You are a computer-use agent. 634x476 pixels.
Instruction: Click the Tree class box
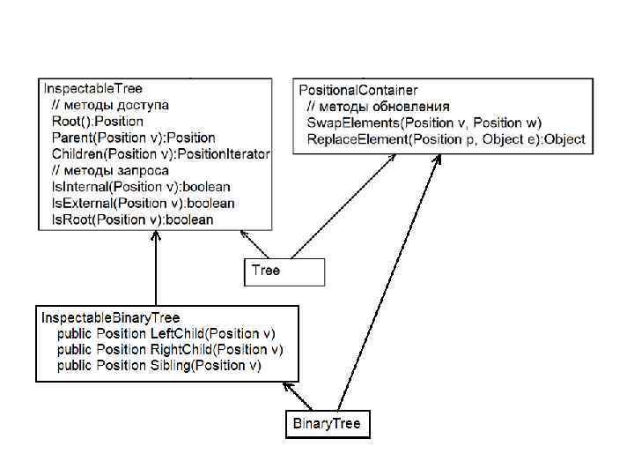pyautogui.click(x=284, y=271)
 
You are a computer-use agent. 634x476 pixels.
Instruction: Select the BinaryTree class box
pyautogui.click(x=326, y=425)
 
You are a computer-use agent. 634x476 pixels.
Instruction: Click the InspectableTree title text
pyautogui.click(x=93, y=89)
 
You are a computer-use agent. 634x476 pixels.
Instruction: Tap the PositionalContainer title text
pyautogui.click(x=358, y=90)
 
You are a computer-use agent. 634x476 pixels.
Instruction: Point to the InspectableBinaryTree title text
pyautogui.click(x=111, y=317)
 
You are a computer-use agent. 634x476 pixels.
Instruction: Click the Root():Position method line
pyautogui.click(x=97, y=122)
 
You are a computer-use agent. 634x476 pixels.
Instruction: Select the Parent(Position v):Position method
pyautogui.click(x=133, y=138)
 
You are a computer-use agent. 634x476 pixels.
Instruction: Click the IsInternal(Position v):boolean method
pyautogui.click(x=141, y=187)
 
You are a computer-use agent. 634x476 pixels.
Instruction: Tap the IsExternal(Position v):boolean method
pyautogui.click(x=143, y=203)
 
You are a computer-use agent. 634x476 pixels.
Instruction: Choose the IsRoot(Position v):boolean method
pyautogui.click(x=132, y=219)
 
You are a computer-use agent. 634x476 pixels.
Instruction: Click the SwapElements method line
pyautogui.click(x=424, y=123)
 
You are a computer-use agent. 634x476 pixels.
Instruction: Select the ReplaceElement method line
pyautogui.click(x=446, y=139)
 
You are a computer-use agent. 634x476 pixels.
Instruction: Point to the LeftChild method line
pyautogui.click(x=166, y=333)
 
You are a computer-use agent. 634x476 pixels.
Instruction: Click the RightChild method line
pyautogui.click(x=170, y=349)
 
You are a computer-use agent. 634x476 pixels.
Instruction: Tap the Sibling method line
pyautogui.click(x=159, y=365)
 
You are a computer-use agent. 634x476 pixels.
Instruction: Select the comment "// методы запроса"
pyautogui.click(x=110, y=171)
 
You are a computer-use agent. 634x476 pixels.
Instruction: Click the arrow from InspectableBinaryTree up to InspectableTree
pyautogui.click(x=155, y=269)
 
